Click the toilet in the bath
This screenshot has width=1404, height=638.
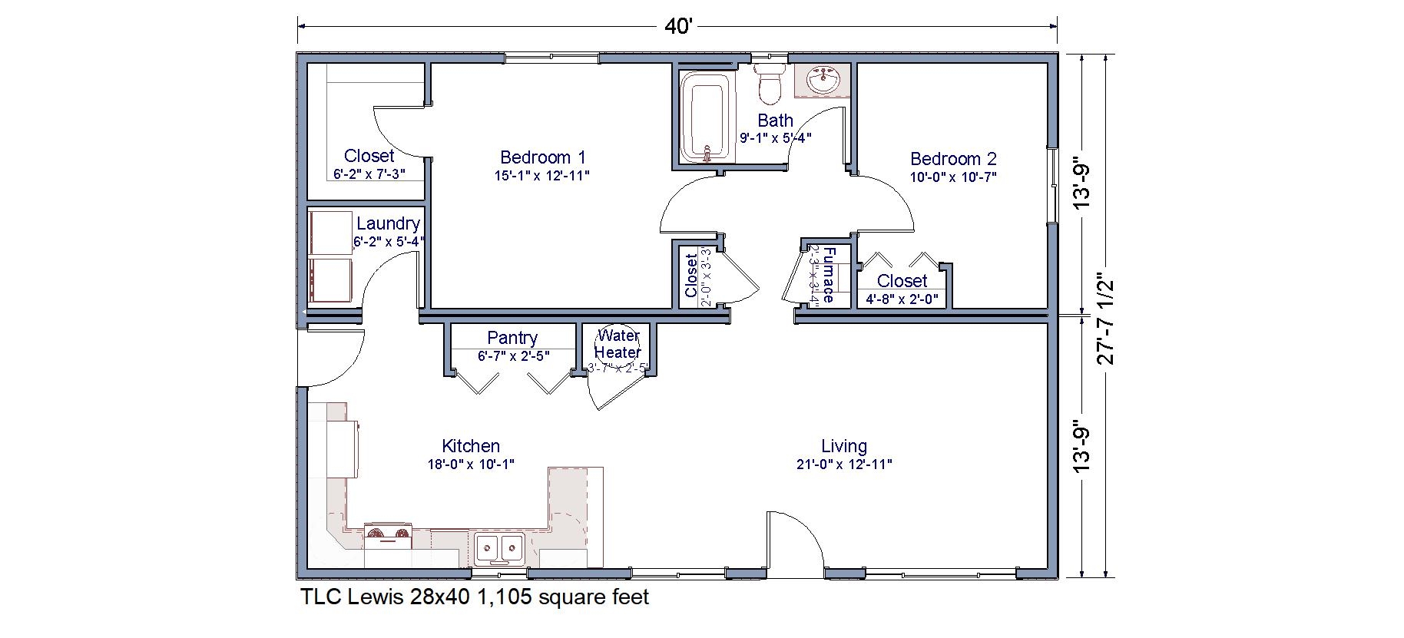(769, 85)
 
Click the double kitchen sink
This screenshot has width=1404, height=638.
(499, 548)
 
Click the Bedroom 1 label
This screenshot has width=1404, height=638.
(542, 157)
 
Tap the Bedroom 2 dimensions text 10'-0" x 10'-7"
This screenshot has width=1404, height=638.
(953, 177)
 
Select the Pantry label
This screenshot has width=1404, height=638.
(512, 338)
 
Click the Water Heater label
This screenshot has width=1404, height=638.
(618, 344)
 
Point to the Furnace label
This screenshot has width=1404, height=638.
(828, 274)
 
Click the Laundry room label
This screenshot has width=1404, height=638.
(388, 223)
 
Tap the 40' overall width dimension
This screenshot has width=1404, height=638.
(678, 27)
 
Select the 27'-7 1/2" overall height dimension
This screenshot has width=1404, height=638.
(1105, 319)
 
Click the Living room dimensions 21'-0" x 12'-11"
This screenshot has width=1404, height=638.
(844, 464)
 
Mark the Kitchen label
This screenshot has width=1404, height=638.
(471, 446)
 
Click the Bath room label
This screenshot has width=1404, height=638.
(775, 121)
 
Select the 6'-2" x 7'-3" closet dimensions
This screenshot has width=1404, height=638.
(369, 174)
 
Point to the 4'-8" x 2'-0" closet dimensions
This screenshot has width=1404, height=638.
(902, 299)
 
